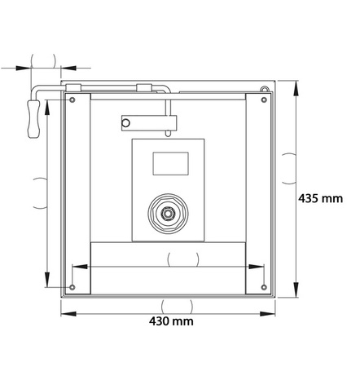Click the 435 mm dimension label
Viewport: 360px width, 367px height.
[320, 198]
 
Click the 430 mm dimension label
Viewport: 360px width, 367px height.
[171, 321]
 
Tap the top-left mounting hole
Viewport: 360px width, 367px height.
[72, 99]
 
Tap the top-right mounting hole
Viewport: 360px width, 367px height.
[264, 99]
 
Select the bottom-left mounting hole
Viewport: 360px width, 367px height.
[72, 287]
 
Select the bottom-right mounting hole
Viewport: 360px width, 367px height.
[264, 287]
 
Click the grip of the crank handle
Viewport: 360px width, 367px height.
[33, 119]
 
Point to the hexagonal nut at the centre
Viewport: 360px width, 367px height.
[168, 213]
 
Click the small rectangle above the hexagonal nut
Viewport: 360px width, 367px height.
[171, 164]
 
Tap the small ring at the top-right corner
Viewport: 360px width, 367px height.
[264, 88]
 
